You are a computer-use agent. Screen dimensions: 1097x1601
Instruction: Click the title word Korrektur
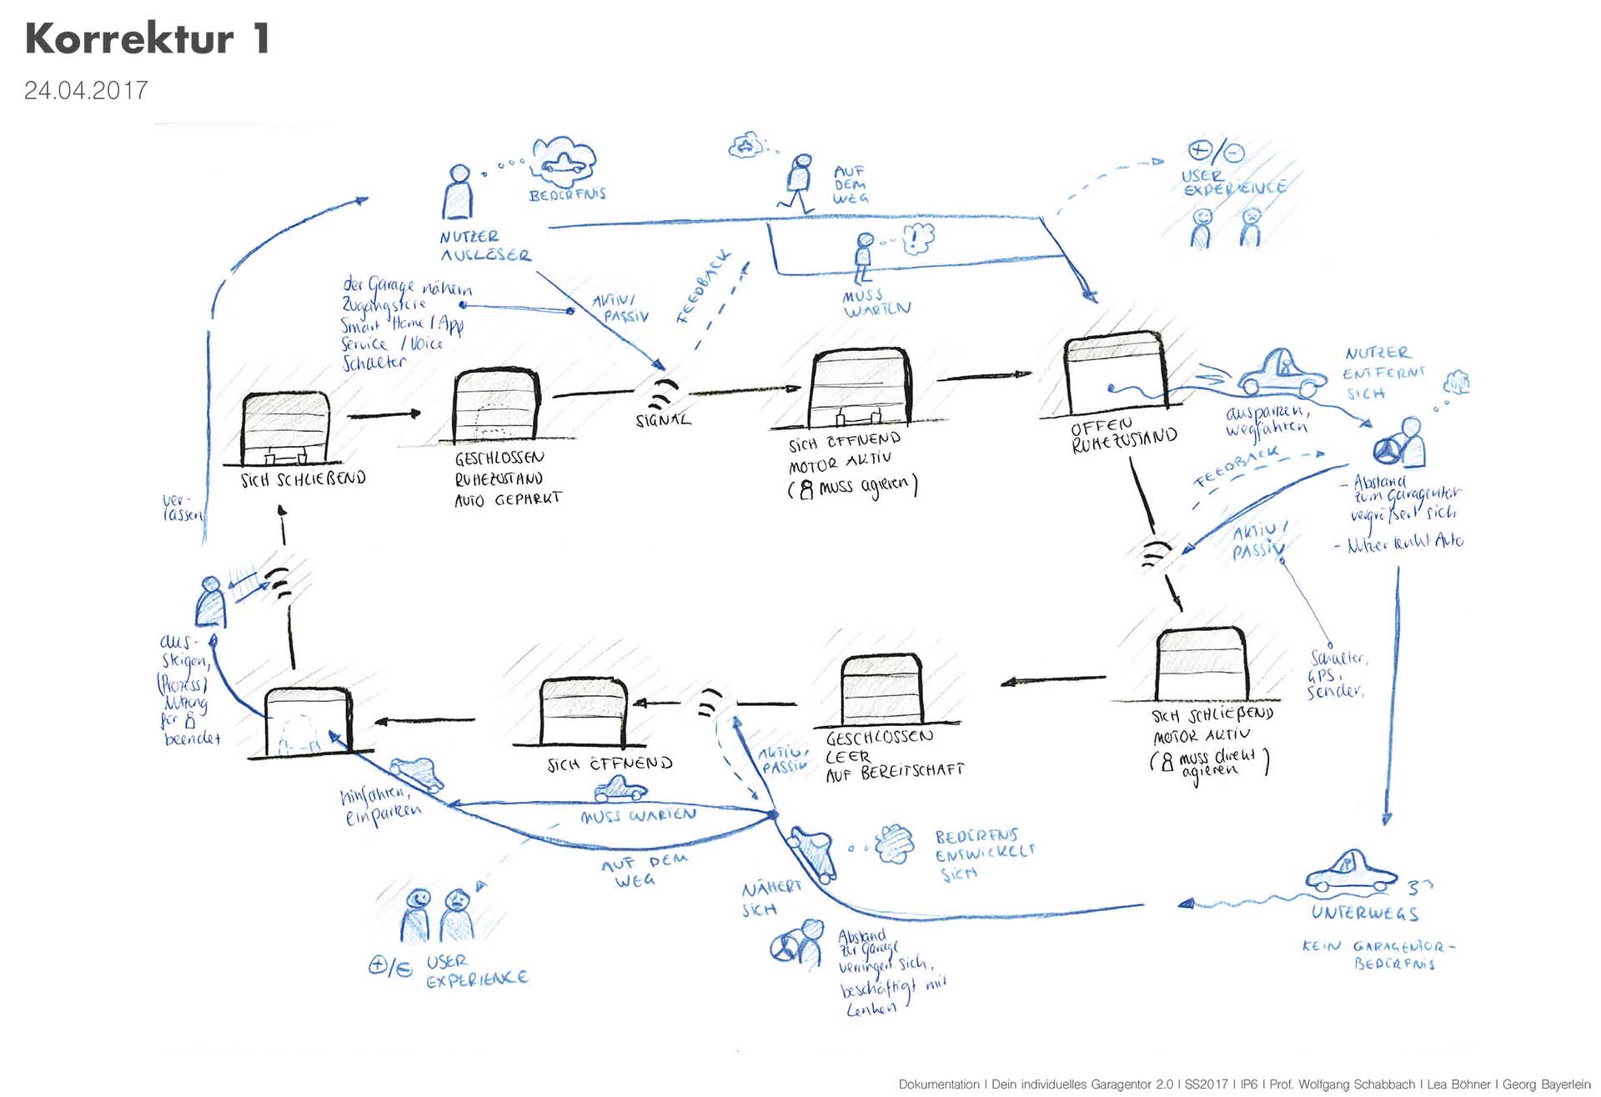click(130, 39)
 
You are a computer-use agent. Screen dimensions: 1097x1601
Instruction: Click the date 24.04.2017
click(86, 90)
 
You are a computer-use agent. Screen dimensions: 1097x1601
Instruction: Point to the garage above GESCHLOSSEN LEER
click(881, 691)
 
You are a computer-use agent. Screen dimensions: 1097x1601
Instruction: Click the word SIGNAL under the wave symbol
click(663, 420)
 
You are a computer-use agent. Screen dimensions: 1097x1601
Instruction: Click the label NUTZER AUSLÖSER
click(484, 246)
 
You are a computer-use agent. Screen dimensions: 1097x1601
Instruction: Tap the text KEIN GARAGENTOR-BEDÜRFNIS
click(1379, 954)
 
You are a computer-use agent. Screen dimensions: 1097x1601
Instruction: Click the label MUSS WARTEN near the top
click(875, 303)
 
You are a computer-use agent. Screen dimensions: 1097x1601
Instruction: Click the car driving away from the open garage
click(1281, 373)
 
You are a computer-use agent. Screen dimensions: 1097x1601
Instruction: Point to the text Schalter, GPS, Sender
click(1336, 674)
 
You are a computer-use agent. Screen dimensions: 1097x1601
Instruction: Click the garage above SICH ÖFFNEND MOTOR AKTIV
click(860, 388)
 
